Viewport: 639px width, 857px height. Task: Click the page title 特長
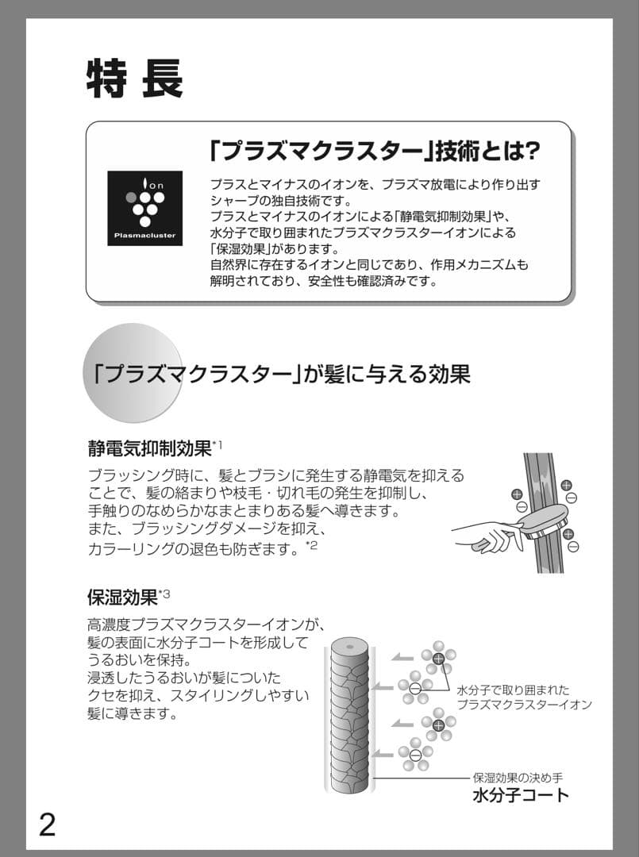(135, 78)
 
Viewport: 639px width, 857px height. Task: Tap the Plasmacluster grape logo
(144, 208)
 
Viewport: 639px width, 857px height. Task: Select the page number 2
(48, 824)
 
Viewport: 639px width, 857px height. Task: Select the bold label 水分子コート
(521, 795)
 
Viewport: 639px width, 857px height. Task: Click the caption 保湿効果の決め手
(518, 778)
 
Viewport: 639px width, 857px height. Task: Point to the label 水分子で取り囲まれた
(513, 690)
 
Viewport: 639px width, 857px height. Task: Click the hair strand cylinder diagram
(349, 714)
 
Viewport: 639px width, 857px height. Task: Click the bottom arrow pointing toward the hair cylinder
(385, 753)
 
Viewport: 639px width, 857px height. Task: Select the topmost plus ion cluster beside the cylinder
(438, 658)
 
